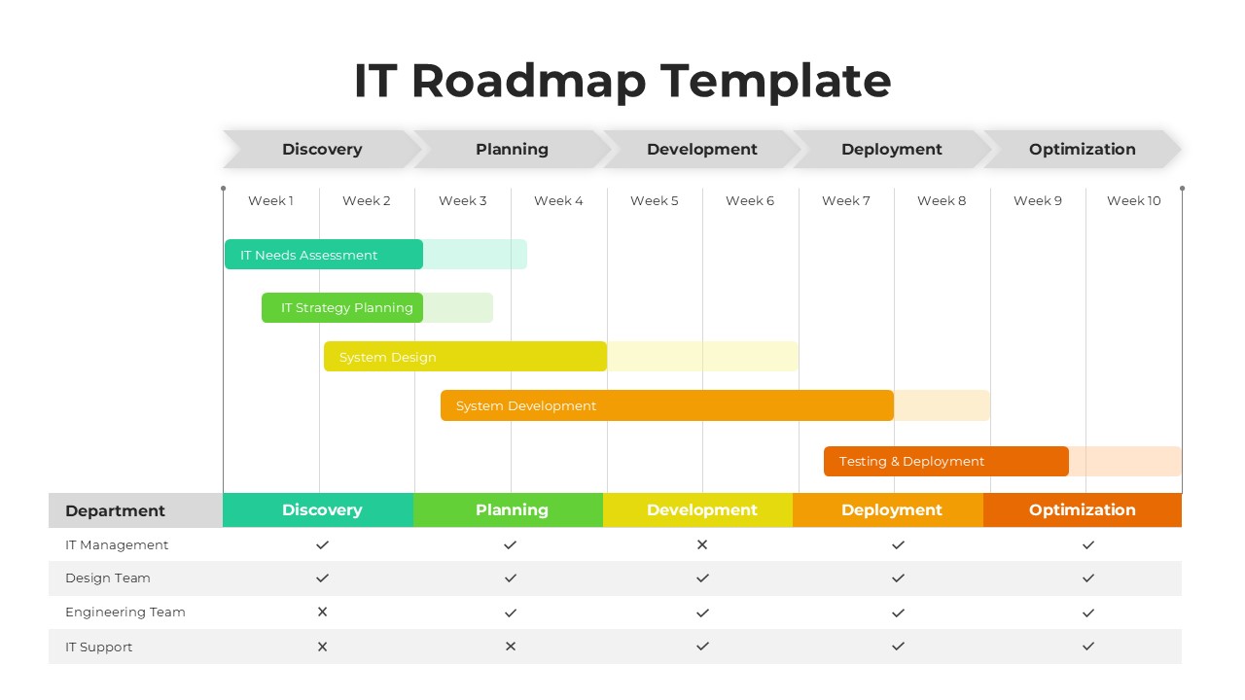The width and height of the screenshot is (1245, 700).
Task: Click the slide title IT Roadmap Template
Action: (x=622, y=81)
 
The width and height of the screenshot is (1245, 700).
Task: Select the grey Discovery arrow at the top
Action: (x=322, y=150)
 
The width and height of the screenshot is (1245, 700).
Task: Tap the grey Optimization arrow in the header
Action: (x=1082, y=150)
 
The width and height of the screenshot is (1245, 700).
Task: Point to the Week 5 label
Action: (x=654, y=201)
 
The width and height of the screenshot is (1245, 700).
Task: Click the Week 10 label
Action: (x=1133, y=201)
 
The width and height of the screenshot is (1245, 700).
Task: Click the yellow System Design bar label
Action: (x=388, y=358)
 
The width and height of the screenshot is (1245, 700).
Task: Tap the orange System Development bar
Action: (x=666, y=405)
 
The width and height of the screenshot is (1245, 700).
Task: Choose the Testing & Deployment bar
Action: (x=945, y=462)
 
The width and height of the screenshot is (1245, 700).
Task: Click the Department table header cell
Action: (x=116, y=510)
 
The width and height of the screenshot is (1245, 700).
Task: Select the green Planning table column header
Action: (x=511, y=510)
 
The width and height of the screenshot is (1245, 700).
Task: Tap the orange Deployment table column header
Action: (x=891, y=510)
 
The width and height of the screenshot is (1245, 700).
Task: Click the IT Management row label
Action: (x=117, y=545)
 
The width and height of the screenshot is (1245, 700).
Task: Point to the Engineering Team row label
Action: (x=124, y=612)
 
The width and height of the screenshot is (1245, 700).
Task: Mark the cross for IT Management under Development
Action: (x=702, y=545)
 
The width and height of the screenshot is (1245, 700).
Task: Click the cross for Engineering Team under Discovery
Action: (x=322, y=612)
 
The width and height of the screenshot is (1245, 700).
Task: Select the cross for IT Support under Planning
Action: (x=511, y=647)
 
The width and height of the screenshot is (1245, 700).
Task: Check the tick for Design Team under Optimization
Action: (x=1088, y=578)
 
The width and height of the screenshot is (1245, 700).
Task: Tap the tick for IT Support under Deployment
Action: (x=898, y=647)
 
